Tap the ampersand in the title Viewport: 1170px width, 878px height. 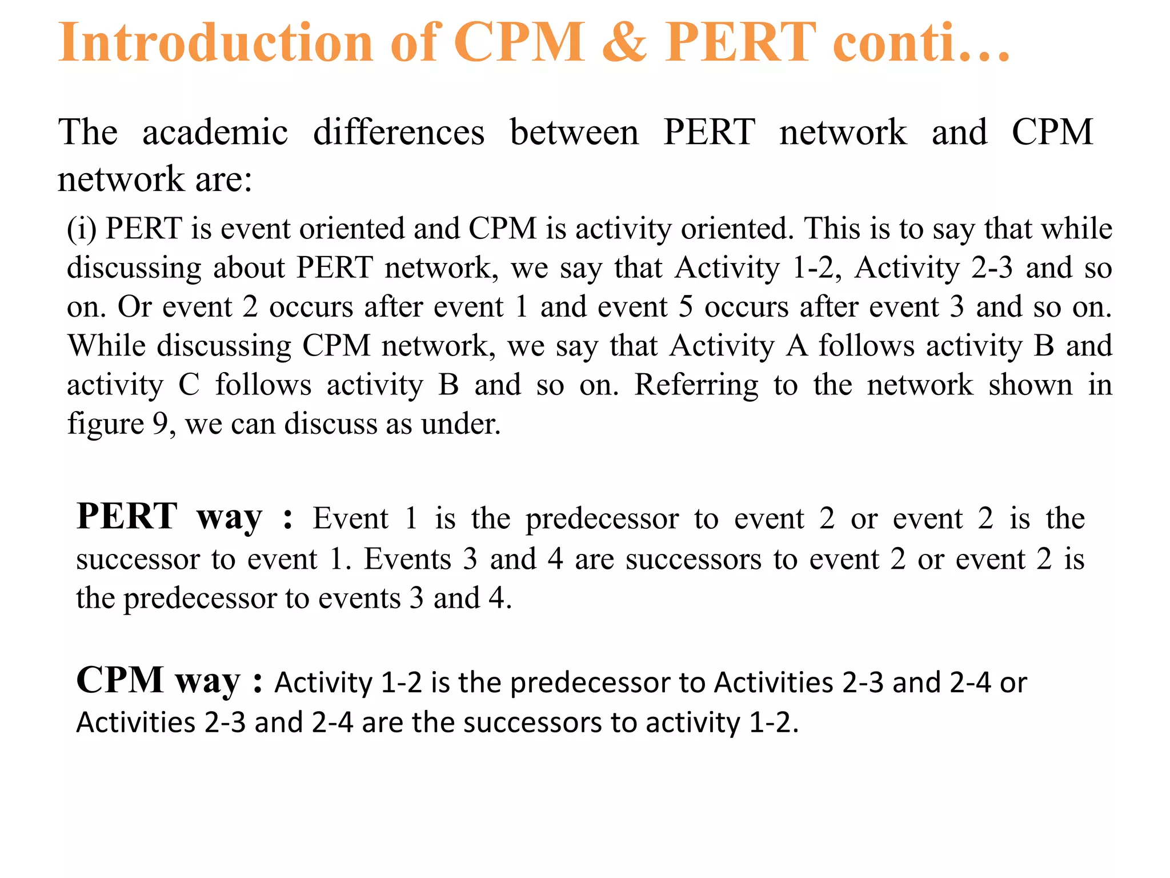(x=624, y=42)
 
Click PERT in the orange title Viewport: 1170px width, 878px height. (x=740, y=42)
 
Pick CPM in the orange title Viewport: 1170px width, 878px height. (x=519, y=42)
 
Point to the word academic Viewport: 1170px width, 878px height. (x=215, y=132)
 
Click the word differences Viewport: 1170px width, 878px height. (x=399, y=132)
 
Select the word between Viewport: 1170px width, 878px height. (x=574, y=132)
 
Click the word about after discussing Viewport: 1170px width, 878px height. (x=249, y=268)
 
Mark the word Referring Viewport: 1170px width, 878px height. (x=696, y=385)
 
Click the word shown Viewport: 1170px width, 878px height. (x=1031, y=385)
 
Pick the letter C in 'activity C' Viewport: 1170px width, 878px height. (x=189, y=385)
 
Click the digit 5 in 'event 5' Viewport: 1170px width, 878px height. (x=686, y=307)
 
